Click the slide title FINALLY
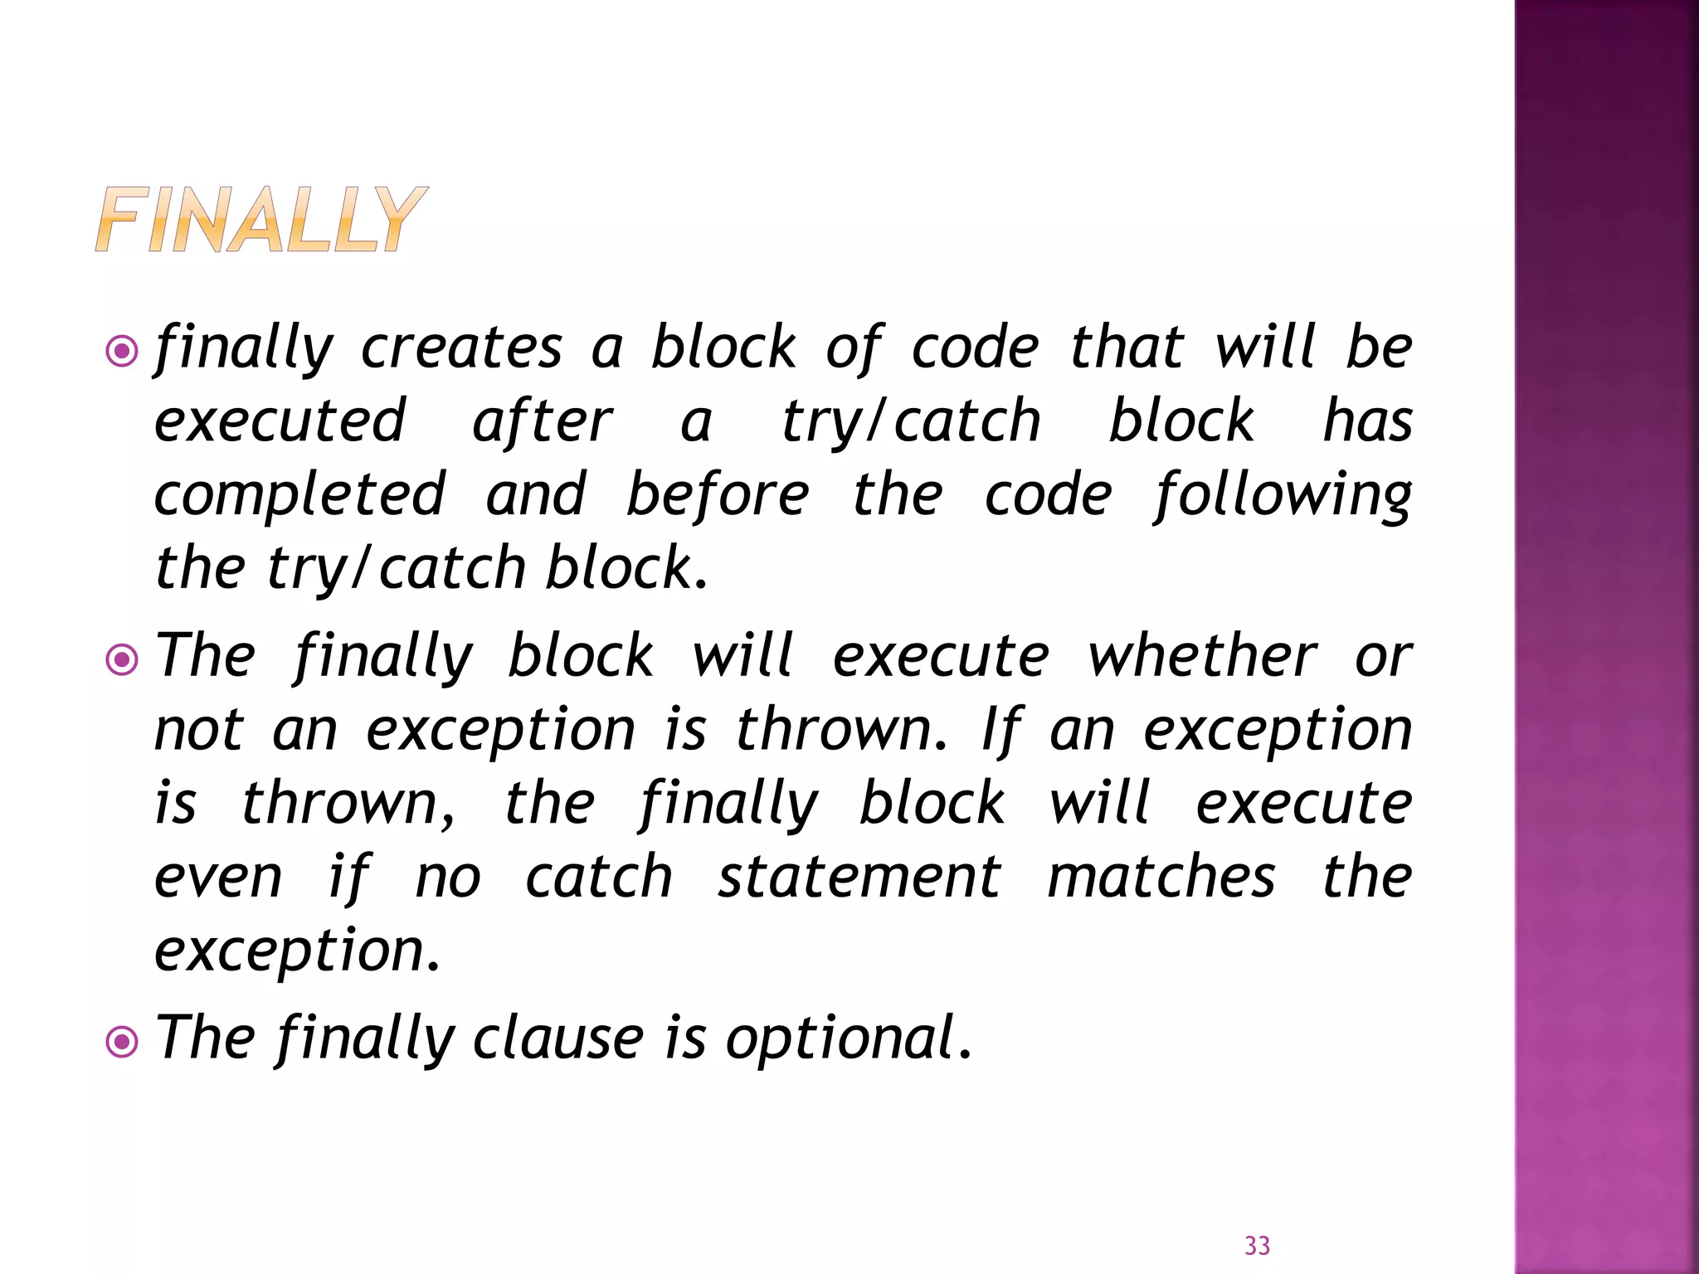click(x=260, y=219)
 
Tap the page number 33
click(x=1257, y=1246)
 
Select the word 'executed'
click(x=280, y=421)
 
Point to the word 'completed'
click(x=300, y=495)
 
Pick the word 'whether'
click(x=1201, y=656)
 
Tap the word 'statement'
click(x=859, y=877)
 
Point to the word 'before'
click(x=718, y=495)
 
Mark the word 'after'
click(x=543, y=421)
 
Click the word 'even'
click(x=219, y=877)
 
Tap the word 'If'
click(x=1001, y=731)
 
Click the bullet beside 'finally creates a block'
click(x=123, y=352)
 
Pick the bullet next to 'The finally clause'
click(x=123, y=1042)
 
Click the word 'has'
click(x=1368, y=421)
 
